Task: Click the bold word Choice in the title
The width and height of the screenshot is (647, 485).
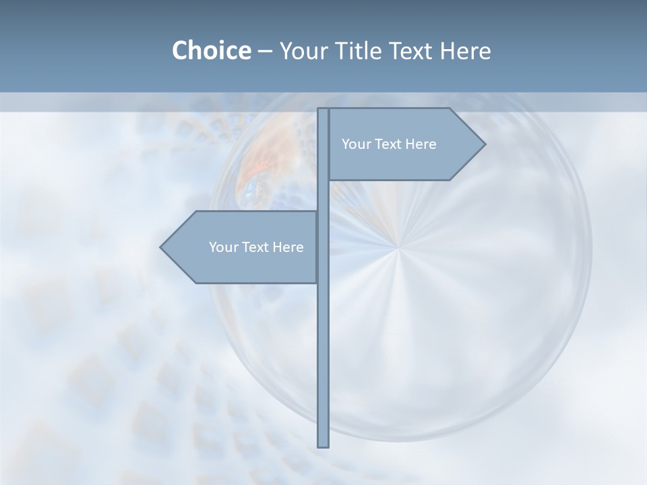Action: coord(211,51)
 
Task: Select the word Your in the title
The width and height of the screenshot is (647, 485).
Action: coord(300,51)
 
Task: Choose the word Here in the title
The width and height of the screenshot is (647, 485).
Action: coord(466,51)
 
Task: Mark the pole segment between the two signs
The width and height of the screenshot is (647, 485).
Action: coord(323,196)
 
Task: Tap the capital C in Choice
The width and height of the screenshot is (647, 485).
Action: coord(180,51)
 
